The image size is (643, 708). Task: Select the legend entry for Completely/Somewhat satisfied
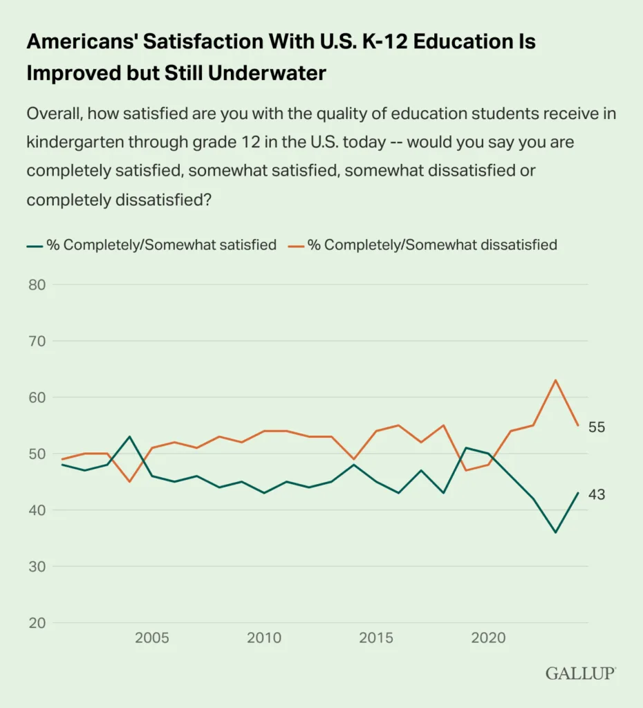[152, 245]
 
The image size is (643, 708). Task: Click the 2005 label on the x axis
[151, 637]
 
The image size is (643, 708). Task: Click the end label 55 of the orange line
[597, 427]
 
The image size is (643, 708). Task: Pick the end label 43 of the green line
[597, 494]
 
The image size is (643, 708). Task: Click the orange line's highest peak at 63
[555, 380]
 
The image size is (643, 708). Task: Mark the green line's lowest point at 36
[555, 532]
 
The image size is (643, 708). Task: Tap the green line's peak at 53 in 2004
[129, 437]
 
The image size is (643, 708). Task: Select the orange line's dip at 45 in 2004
[129, 482]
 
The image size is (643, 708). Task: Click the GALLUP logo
[580, 673]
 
